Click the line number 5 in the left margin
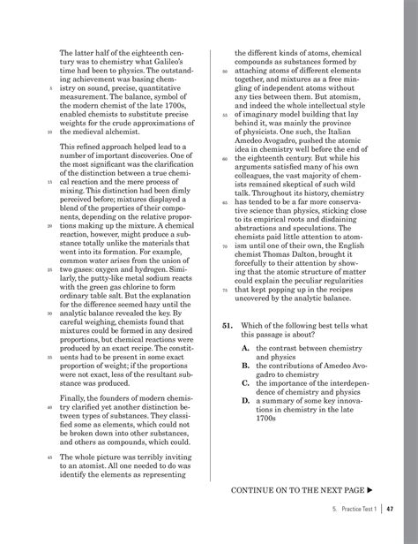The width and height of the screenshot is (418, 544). pyautogui.click(x=51, y=88)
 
